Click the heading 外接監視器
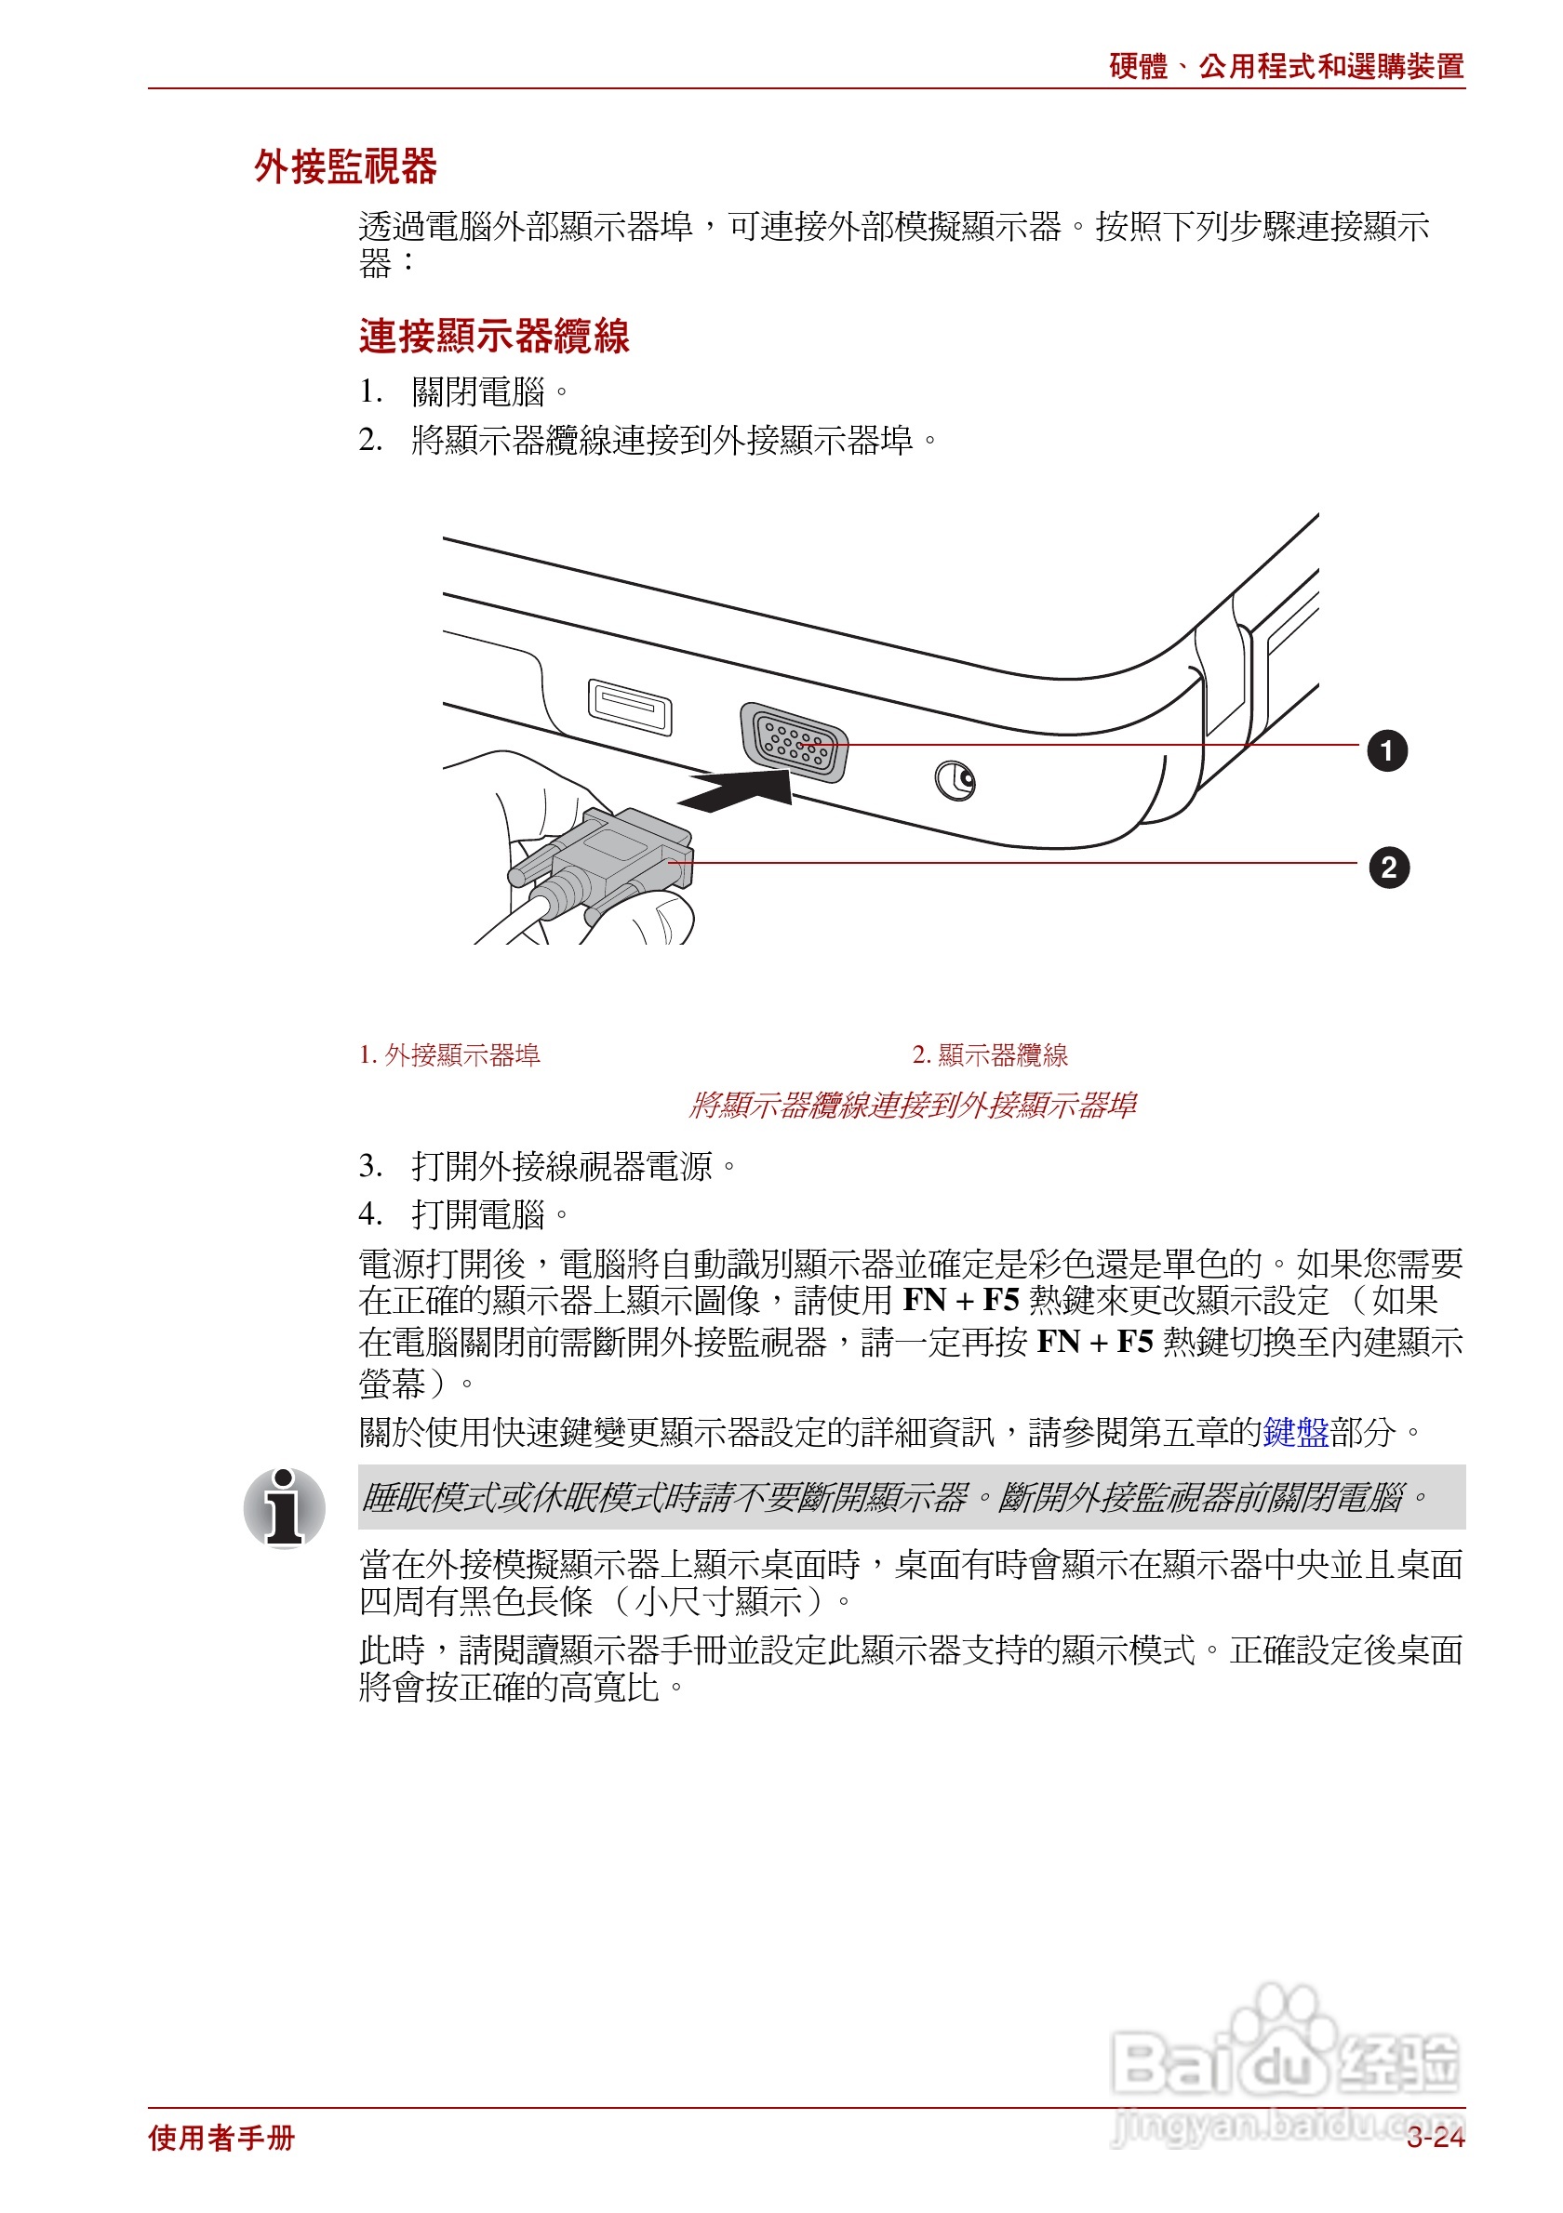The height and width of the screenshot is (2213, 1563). tap(345, 166)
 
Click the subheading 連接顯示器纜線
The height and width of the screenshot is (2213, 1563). tap(494, 336)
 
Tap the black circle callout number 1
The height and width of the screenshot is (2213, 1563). tap(1385, 751)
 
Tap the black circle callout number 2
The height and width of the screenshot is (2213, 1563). tap(1387, 868)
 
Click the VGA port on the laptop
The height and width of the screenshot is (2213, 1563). tap(794, 743)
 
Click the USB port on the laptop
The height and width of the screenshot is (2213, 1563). tap(630, 707)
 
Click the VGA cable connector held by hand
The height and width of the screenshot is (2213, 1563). tap(617, 858)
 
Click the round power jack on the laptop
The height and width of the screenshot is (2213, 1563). tap(955, 780)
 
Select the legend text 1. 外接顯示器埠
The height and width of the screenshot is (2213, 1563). tap(449, 1054)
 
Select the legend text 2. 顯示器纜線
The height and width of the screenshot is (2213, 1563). tap(989, 1054)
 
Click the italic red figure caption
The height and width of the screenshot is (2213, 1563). tap(911, 1105)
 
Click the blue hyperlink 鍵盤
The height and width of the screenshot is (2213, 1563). tap(1295, 1432)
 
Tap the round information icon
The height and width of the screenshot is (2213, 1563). tap(285, 1507)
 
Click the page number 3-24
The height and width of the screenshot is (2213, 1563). tap(1434, 2138)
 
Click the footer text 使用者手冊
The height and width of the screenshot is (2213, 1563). tap(220, 2138)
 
